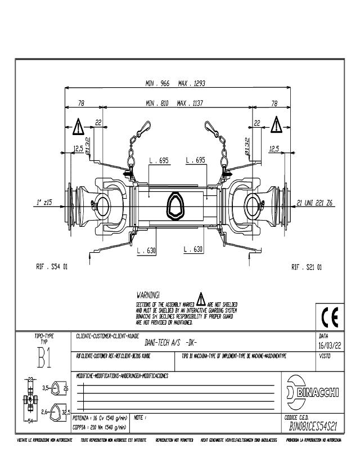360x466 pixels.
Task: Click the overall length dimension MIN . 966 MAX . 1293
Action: point(175,83)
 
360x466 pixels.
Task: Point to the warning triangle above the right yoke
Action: point(276,124)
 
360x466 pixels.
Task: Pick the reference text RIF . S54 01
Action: point(52,267)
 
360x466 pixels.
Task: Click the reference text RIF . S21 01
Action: point(307,267)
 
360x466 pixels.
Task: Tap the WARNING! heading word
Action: point(148,294)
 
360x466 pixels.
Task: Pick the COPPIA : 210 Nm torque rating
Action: point(99,427)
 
